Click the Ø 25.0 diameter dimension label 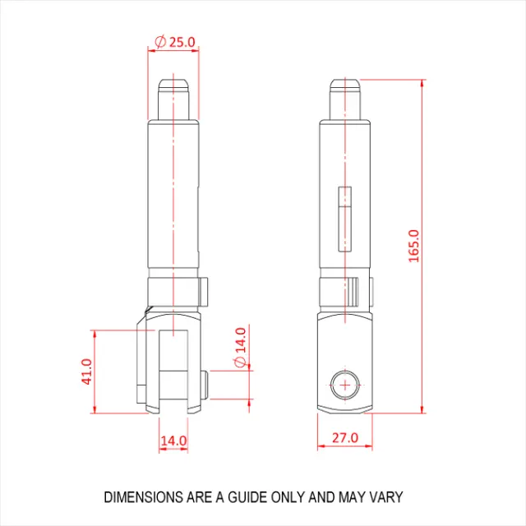coord(175,42)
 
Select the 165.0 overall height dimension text coord(414,246)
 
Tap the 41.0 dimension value coord(87,371)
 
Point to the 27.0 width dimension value coord(345,438)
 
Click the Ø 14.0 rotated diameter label coord(241,347)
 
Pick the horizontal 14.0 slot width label coord(173,441)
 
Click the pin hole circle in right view coord(345,385)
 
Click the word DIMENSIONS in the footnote coord(144,497)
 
